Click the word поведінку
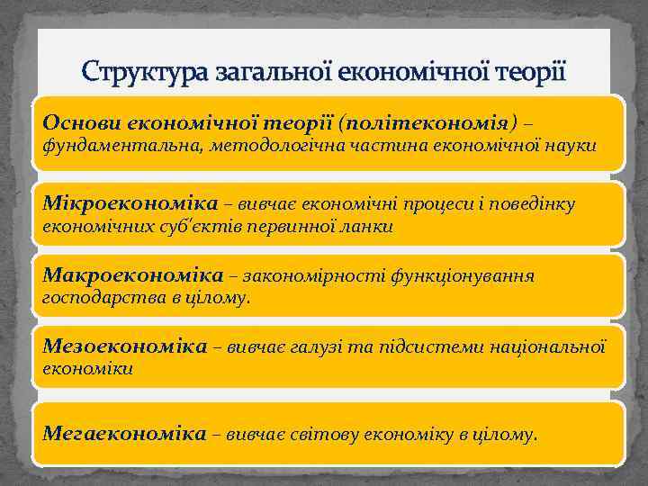(x=536, y=204)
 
